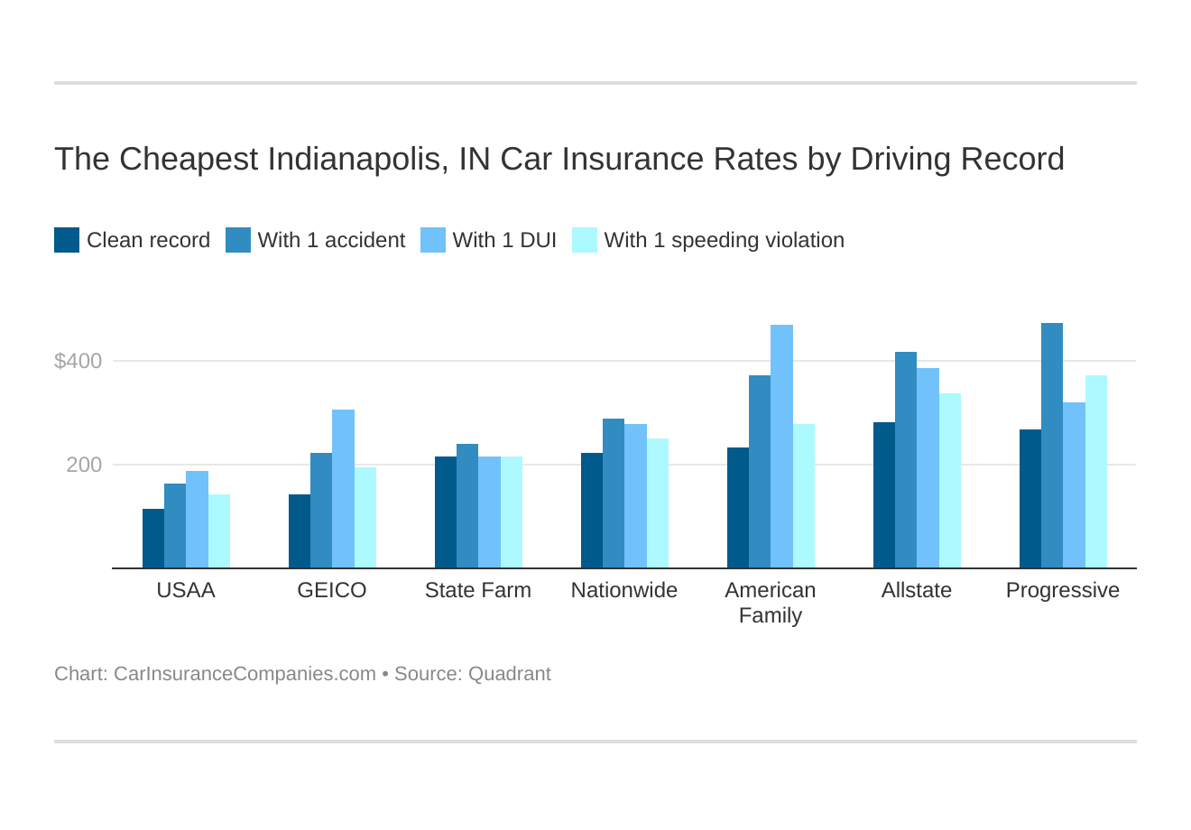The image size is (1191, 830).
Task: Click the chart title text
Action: pos(559,159)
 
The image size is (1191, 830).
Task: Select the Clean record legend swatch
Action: pos(67,240)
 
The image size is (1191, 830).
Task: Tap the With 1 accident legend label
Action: pos(331,240)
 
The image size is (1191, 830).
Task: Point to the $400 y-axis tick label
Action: pos(78,361)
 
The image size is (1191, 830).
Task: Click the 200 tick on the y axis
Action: pos(84,465)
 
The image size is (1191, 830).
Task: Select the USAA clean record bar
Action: pos(153,539)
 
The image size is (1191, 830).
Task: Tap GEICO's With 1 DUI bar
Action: pos(343,489)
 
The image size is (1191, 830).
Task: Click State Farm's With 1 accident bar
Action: pos(467,506)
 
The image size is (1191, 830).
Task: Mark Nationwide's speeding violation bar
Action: pos(658,503)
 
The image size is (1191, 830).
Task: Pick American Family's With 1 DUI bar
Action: pos(781,447)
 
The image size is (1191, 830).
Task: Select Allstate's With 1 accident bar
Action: pos(906,460)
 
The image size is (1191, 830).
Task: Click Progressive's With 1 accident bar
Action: pos(1052,446)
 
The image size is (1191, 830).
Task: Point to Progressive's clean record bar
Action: pos(1029,499)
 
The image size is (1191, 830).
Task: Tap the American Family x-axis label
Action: pos(770,602)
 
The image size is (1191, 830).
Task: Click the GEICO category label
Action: pos(332,590)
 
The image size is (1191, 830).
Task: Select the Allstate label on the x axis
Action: pos(916,590)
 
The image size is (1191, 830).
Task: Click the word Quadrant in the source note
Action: pos(509,674)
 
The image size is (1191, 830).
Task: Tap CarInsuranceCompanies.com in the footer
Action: pos(245,674)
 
